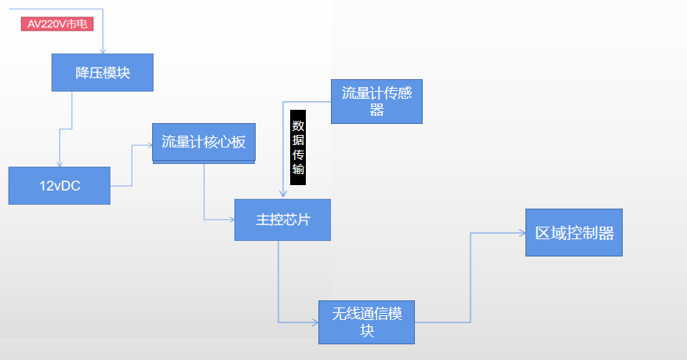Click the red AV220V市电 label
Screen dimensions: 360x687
(x=57, y=24)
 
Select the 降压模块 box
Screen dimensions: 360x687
(x=102, y=73)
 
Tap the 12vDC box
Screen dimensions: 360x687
(x=60, y=186)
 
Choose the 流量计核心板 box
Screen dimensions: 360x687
(x=204, y=142)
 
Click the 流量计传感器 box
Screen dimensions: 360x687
(x=376, y=102)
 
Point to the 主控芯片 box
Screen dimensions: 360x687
(x=282, y=220)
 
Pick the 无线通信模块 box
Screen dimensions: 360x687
(x=367, y=322)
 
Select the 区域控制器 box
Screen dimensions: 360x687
(x=574, y=233)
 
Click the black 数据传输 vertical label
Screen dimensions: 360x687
(x=298, y=147)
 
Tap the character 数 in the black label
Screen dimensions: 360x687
(x=298, y=125)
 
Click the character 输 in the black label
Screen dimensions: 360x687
(x=298, y=170)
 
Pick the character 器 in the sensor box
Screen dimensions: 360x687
(x=376, y=111)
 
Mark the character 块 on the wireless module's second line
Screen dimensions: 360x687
(x=367, y=331)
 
